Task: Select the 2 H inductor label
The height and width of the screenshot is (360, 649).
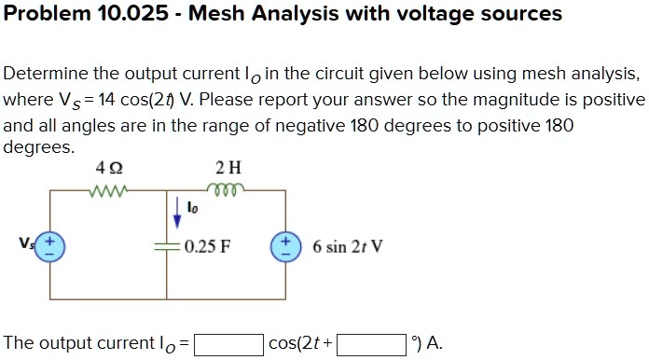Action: coord(228,169)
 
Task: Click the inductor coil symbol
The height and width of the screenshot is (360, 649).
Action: coord(228,189)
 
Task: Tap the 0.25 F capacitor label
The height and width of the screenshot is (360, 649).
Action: coord(209,247)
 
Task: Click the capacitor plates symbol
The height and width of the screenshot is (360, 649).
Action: coord(167,246)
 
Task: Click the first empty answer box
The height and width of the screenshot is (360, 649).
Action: coord(228,344)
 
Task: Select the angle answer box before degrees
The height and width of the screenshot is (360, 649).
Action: coord(370,344)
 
